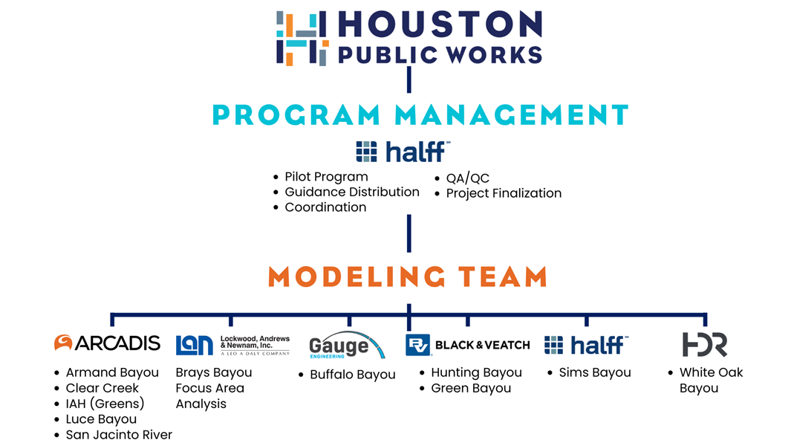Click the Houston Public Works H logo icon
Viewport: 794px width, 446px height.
pyautogui.click(x=302, y=38)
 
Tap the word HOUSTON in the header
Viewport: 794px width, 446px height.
pyautogui.click(x=440, y=25)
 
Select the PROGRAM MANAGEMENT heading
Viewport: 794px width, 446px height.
pyautogui.click(x=420, y=115)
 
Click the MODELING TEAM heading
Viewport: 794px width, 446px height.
pyautogui.click(x=408, y=277)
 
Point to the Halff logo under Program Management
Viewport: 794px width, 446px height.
pyautogui.click(x=403, y=152)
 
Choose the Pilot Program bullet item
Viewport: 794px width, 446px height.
pyautogui.click(x=326, y=177)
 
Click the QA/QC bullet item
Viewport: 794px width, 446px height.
pyautogui.click(x=467, y=178)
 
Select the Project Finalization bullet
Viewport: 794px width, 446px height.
pyautogui.click(x=503, y=193)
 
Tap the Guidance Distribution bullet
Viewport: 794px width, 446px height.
pyautogui.click(x=351, y=192)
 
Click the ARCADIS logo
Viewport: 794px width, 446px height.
pyautogui.click(x=107, y=343)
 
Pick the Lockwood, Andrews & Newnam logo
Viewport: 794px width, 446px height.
pyautogui.click(x=232, y=345)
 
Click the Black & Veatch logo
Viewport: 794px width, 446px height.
pyautogui.click(x=467, y=345)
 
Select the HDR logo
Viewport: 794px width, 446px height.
pyautogui.click(x=704, y=344)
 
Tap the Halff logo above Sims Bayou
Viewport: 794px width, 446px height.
pyautogui.click(x=586, y=345)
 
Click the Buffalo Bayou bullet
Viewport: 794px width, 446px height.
pyautogui.click(x=352, y=375)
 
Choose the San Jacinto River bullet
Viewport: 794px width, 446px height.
pyautogui.click(x=119, y=435)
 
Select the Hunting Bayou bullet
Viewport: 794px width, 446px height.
pyautogui.click(x=476, y=372)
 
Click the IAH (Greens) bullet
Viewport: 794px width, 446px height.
pyautogui.click(x=105, y=404)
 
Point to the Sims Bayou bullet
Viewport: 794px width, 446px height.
pyautogui.click(x=594, y=372)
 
